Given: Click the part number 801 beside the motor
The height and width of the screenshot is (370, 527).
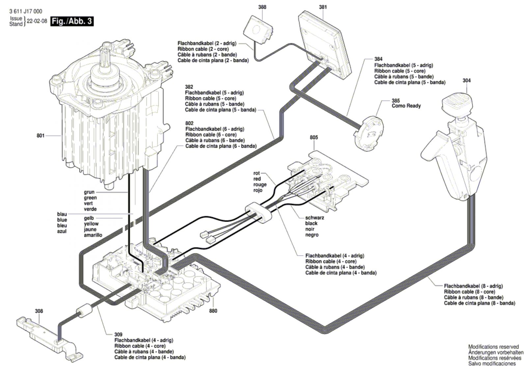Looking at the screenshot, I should (40, 135).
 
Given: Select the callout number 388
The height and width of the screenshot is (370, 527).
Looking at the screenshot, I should (262, 7).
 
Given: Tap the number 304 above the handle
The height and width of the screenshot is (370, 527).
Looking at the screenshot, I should (466, 80).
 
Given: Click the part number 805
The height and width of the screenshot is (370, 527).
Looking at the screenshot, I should (314, 137).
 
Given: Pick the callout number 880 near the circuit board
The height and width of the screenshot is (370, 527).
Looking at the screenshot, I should (213, 311).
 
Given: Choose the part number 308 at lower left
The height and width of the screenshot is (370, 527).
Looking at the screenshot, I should (39, 311).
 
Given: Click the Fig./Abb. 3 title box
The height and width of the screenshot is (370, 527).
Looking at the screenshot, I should (72, 21).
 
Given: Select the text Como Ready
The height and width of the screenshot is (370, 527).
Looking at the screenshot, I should (406, 106).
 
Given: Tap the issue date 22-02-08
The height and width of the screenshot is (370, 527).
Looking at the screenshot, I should (37, 21).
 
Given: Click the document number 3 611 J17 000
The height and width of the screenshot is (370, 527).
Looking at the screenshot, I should (26, 12).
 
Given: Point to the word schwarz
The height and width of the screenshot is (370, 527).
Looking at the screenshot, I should (314, 218).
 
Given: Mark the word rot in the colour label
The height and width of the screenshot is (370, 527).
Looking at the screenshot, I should (257, 173).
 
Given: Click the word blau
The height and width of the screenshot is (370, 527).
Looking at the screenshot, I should (62, 214).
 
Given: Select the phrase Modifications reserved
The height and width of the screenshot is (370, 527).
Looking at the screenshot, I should (493, 347).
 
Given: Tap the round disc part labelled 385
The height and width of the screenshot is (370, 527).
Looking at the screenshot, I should (369, 134).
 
